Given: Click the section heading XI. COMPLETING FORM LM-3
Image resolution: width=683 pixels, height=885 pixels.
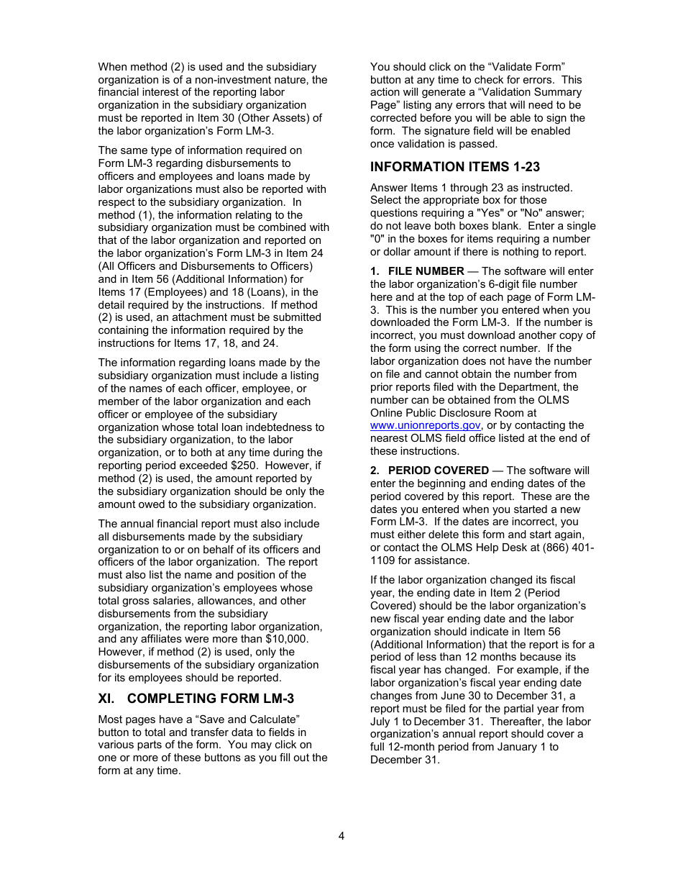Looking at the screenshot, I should (x=196, y=698).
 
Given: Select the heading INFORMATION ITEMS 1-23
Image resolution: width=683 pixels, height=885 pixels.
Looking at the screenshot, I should (x=454, y=167).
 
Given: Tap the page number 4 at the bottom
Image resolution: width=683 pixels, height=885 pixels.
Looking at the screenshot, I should (x=341, y=836).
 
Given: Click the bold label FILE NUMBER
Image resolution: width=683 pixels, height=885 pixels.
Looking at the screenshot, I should (x=426, y=271).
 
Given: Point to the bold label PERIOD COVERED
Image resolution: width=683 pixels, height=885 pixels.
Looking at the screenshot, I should (x=438, y=471).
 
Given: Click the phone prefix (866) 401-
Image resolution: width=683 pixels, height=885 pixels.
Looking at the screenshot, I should (x=569, y=548).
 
